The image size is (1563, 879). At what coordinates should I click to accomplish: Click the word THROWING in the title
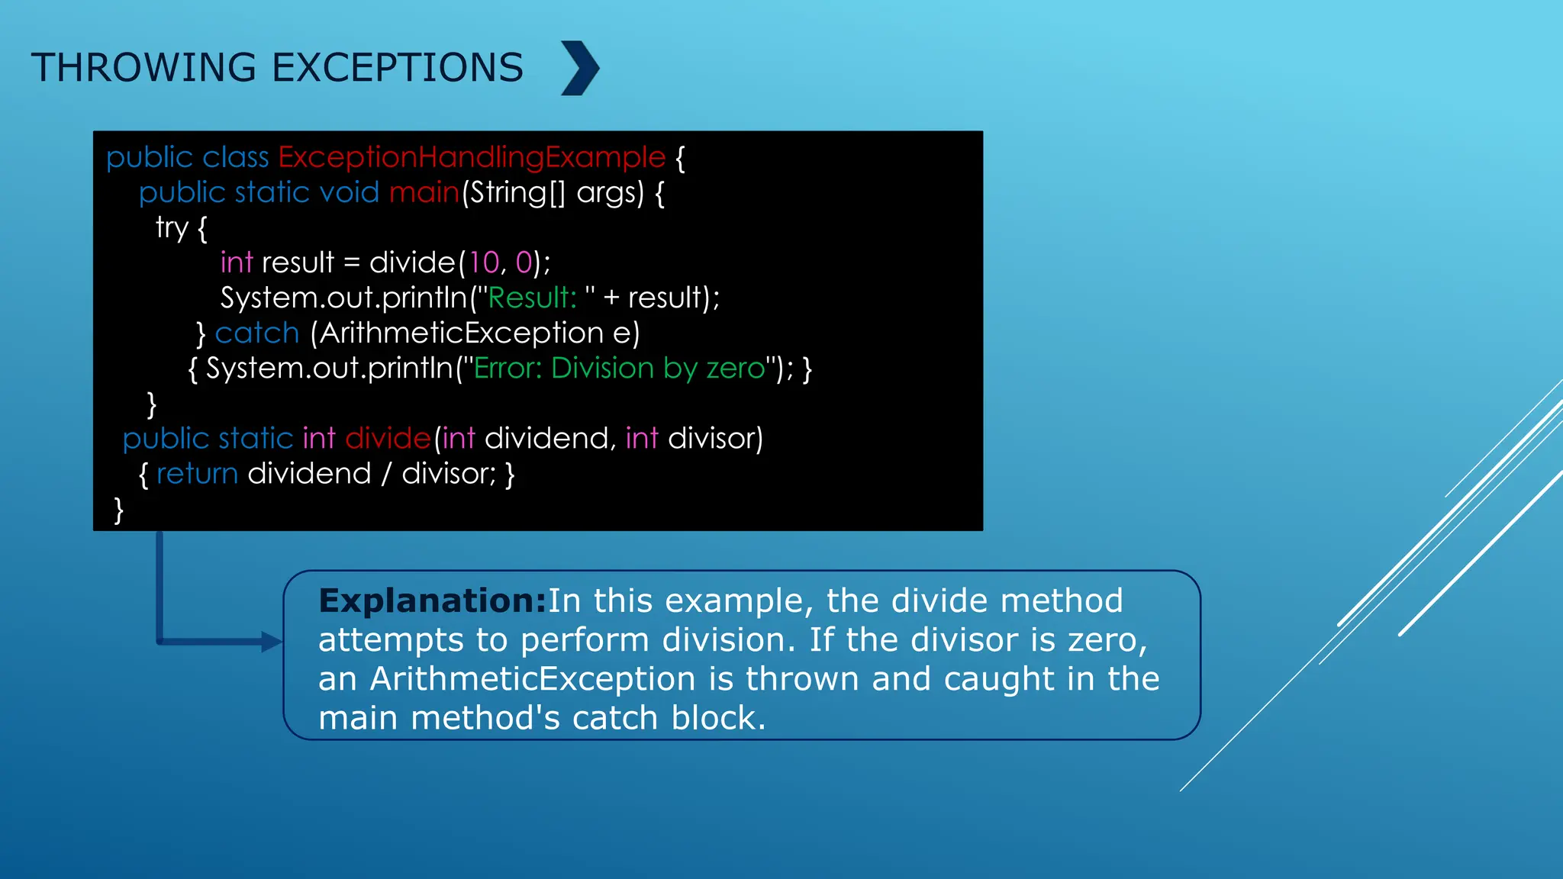143,68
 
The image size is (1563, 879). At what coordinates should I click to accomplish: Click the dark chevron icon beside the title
581,68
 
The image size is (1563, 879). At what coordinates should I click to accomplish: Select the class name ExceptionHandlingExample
472,157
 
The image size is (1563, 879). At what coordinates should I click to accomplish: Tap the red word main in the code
424,192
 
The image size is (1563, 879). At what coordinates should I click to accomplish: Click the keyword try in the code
172,227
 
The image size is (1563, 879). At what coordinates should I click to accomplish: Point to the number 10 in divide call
484,262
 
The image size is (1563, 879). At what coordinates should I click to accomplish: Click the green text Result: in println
532,298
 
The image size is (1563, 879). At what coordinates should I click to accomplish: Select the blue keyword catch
257,333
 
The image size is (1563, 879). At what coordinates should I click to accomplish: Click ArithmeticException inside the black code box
462,333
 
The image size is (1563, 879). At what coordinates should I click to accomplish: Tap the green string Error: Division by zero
619,369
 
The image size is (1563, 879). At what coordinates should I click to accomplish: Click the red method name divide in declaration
388,439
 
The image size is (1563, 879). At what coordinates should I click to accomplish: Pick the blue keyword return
197,474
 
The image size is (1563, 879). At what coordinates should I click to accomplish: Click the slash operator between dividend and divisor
386,474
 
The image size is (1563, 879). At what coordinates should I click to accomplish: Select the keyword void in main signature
349,192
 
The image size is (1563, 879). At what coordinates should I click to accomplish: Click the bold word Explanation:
433,601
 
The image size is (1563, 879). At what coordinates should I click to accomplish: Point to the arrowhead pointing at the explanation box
272,642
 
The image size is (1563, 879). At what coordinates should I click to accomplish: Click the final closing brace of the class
118,510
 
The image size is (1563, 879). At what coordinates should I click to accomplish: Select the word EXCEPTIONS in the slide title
398,68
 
